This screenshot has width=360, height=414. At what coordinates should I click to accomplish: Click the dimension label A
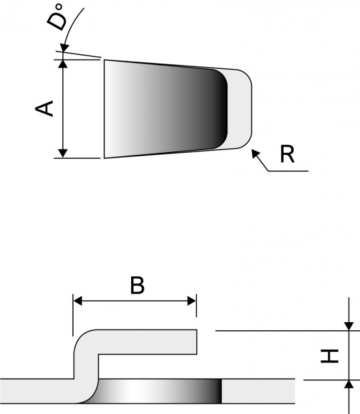[45, 108]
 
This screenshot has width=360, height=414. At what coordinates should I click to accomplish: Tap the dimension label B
[137, 285]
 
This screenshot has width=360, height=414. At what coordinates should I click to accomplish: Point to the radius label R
[287, 154]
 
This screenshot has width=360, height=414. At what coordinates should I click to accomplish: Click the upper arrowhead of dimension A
[63, 64]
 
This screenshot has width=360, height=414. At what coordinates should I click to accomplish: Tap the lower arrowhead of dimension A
[63, 153]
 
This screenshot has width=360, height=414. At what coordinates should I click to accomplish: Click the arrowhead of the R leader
[255, 153]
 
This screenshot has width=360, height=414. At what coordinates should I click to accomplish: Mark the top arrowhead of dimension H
[349, 326]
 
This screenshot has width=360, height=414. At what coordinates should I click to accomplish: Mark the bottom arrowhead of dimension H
[349, 384]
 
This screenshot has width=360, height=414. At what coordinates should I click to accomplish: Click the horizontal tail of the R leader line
[288, 171]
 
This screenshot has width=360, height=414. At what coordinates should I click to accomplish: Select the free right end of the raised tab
[195, 342]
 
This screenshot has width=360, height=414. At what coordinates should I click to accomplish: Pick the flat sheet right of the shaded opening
[258, 391]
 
